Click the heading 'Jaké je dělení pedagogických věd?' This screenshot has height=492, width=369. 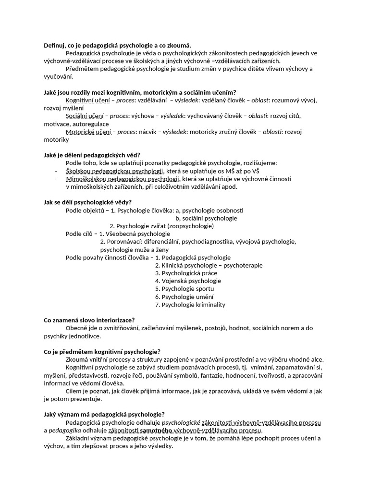[x=92, y=155]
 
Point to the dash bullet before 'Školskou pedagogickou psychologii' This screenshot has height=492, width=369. [x=56, y=171]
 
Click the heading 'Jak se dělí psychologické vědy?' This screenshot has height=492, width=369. [x=87, y=202]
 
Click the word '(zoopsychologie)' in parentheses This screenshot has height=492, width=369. [x=190, y=226]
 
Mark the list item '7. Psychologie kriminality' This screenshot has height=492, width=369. [x=190, y=305]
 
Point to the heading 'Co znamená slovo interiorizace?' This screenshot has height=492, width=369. [x=89, y=320]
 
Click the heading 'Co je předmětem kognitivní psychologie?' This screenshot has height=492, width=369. [x=102, y=352]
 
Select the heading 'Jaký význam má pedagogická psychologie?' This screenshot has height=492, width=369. [x=104, y=414]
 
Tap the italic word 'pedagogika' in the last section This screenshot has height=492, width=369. [x=64, y=430]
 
